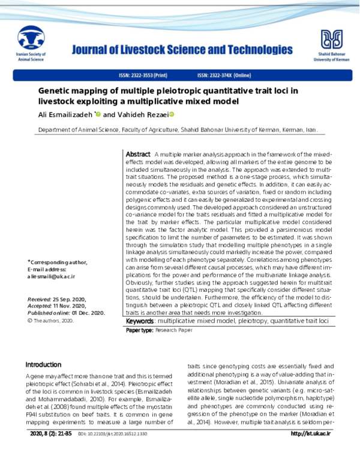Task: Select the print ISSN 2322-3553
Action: coord(143,76)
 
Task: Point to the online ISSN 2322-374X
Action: coord(224,76)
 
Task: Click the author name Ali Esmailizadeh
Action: coord(65,114)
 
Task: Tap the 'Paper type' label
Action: coord(139,331)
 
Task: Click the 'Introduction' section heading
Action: coord(43,365)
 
